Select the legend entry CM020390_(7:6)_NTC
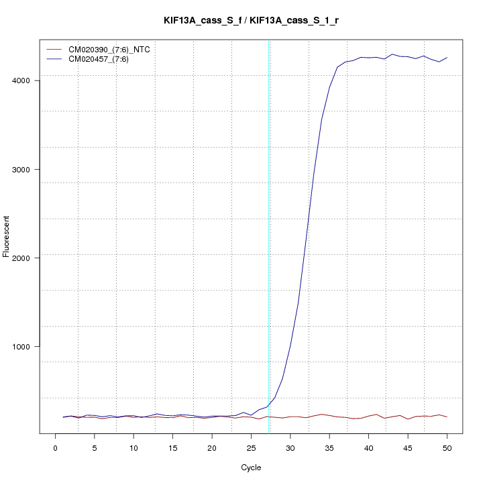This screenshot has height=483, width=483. click(x=114, y=50)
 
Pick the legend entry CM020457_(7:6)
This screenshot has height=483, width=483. click(x=103, y=59)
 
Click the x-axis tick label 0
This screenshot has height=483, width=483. click(x=55, y=447)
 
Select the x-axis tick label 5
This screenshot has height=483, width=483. click(x=94, y=447)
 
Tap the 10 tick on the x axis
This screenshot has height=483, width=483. click(x=133, y=447)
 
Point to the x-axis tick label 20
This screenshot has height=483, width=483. click(x=212, y=447)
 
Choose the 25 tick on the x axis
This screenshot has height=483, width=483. click(x=251, y=447)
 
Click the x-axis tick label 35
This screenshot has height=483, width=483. click(x=329, y=447)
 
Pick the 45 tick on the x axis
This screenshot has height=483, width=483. click(x=408, y=447)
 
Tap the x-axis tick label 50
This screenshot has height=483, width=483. click(x=447, y=447)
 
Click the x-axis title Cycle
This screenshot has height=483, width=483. click(x=251, y=466)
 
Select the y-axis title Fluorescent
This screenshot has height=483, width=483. click(x=7, y=237)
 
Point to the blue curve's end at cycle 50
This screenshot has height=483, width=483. click(x=447, y=58)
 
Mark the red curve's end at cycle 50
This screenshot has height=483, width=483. click(x=447, y=417)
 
